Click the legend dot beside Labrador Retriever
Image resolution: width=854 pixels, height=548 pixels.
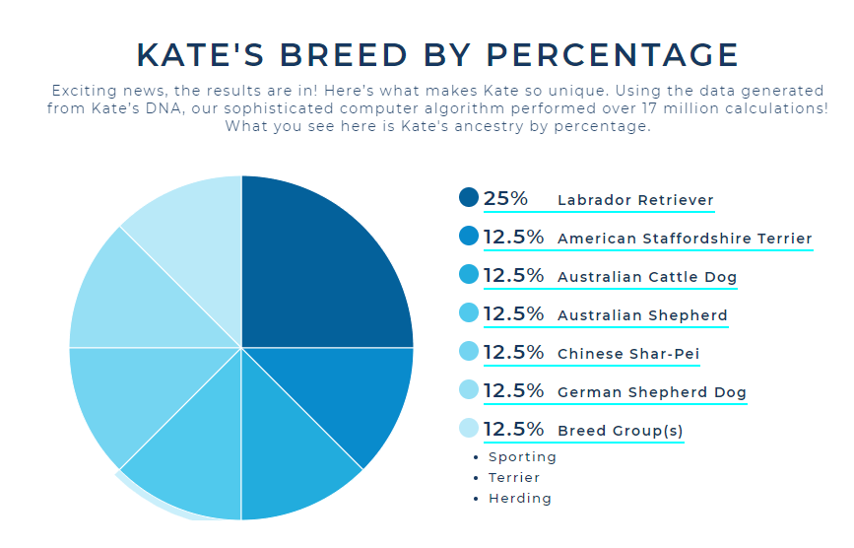pyautogui.click(x=469, y=198)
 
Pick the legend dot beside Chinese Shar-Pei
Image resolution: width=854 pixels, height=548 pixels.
pyautogui.click(x=469, y=352)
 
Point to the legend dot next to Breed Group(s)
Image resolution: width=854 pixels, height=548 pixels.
pyautogui.click(x=469, y=429)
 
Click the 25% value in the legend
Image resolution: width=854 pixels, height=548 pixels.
pyautogui.click(x=505, y=198)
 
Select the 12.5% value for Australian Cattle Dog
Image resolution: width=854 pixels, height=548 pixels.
pyautogui.click(x=513, y=276)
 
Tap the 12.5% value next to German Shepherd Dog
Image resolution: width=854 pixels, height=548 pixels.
pyautogui.click(x=513, y=391)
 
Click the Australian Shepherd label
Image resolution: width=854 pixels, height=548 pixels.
pyautogui.click(x=642, y=316)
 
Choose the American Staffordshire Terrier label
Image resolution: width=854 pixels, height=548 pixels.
pyautogui.click(x=685, y=239)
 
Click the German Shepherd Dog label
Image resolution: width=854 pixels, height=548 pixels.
pyautogui.click(x=651, y=392)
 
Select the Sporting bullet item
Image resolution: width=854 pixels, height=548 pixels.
pyautogui.click(x=522, y=457)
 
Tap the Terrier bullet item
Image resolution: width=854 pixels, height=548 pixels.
pyautogui.click(x=514, y=478)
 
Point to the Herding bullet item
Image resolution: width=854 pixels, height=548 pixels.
pyautogui.click(x=520, y=499)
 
